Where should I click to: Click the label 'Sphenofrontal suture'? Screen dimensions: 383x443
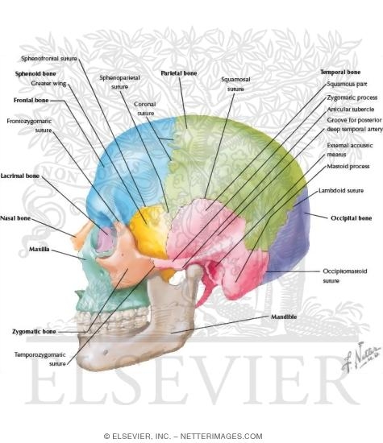(49, 59)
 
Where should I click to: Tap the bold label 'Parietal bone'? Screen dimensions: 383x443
(179, 73)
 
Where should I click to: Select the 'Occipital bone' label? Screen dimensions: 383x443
(351, 218)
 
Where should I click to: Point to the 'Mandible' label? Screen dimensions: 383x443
(284, 317)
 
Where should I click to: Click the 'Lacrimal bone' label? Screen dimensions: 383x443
(20, 176)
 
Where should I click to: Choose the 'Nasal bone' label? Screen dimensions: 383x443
(15, 218)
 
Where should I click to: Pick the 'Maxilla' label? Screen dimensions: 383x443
(39, 249)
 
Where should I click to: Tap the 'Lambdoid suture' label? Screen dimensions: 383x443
(341, 190)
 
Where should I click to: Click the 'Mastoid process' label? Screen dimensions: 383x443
(348, 166)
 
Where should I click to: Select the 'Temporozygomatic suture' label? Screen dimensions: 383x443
(40, 359)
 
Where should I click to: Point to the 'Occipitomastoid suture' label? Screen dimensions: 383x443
(345, 275)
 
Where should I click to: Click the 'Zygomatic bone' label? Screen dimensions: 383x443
(34, 331)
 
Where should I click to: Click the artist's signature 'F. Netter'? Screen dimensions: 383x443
(360, 357)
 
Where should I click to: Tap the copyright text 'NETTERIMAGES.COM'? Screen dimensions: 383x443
(221, 437)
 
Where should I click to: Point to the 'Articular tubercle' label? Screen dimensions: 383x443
(351, 110)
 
